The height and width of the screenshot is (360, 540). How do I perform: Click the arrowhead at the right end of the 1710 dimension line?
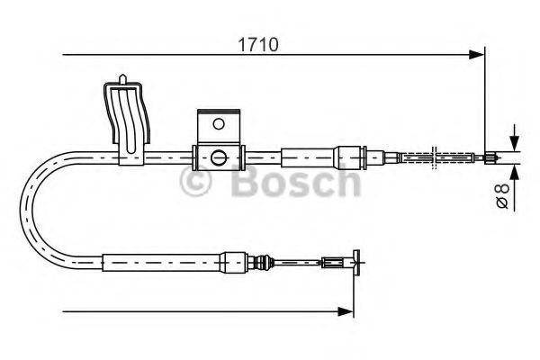tap(478, 56)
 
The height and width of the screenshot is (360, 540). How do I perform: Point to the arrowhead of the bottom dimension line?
tap(346, 311)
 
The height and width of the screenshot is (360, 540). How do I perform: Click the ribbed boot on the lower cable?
tap(263, 265)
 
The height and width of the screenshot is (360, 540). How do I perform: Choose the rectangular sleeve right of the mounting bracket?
tap(306, 157)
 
